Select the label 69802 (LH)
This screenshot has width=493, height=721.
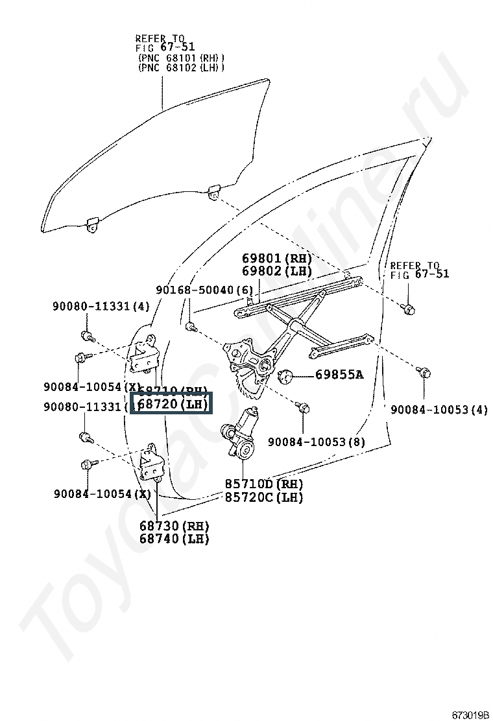pyautogui.click(x=277, y=271)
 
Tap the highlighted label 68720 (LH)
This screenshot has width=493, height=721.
pyautogui.click(x=172, y=405)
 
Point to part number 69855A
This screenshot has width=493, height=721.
pyautogui.click(x=339, y=374)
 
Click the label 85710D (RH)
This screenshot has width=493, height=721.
pyautogui.click(x=264, y=484)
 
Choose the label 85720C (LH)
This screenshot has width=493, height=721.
pyautogui.click(x=264, y=497)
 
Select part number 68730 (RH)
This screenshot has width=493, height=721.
pyautogui.click(x=174, y=525)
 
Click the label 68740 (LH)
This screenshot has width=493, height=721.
pyautogui.click(x=174, y=538)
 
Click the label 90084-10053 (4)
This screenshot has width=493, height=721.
pyautogui.click(x=439, y=409)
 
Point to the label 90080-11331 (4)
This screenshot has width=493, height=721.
pyautogui.click(x=101, y=306)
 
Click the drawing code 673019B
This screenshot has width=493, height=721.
pyautogui.click(x=470, y=715)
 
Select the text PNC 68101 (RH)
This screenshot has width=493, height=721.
pyautogui.click(x=181, y=57)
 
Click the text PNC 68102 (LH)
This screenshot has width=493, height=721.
pyautogui.click(x=181, y=67)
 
